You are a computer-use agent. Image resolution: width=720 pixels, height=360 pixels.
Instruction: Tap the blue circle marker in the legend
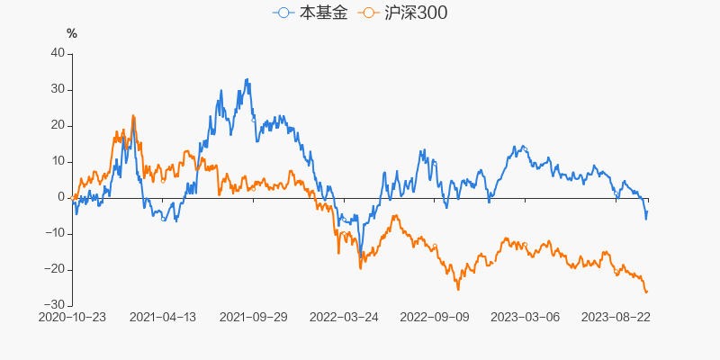click(x=284, y=13)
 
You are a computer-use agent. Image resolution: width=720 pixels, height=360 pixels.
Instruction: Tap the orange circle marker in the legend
click(x=368, y=13)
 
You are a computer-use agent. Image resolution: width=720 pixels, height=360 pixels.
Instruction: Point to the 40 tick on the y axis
click(x=58, y=53)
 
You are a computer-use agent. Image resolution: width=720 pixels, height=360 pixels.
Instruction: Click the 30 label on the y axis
click(x=58, y=89)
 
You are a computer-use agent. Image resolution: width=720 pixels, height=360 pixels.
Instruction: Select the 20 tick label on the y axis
click(x=58, y=125)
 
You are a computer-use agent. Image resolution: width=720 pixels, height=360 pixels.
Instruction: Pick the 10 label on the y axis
click(x=58, y=161)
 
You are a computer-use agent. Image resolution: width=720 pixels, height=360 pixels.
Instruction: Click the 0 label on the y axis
click(x=61, y=197)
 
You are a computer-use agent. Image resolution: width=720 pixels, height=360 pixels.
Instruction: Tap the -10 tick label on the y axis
click(x=56, y=233)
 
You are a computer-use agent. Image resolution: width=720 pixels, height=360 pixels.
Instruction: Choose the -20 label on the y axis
click(x=56, y=269)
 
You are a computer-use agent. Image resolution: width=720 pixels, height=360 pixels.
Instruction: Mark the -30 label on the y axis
click(x=56, y=305)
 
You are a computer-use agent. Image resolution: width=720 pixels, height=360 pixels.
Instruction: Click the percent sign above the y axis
click(x=72, y=34)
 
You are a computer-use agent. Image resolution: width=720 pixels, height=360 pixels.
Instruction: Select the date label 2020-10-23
click(x=72, y=317)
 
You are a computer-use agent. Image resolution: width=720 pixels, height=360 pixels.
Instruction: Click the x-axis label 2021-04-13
click(x=163, y=317)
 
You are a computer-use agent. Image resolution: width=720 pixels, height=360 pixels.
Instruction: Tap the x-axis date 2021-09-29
click(x=253, y=317)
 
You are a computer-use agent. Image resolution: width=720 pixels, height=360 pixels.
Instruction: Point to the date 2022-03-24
click(x=343, y=317)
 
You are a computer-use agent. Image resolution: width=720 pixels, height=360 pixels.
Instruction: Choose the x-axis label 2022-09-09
click(x=434, y=317)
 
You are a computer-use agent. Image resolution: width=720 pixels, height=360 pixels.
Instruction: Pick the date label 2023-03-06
click(x=524, y=317)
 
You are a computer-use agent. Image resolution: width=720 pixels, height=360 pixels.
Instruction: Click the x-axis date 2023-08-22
click(x=615, y=317)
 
